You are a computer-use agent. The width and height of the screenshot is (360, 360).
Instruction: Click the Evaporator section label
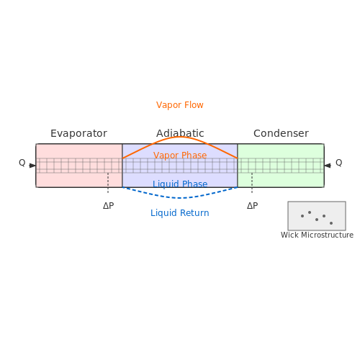(78, 133)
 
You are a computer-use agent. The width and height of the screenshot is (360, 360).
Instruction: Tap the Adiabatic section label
(180, 133)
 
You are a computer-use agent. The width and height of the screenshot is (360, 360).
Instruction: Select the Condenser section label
(281, 133)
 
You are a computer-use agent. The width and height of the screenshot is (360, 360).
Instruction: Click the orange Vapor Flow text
(180, 105)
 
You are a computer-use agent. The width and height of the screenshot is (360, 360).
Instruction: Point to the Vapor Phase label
(180, 156)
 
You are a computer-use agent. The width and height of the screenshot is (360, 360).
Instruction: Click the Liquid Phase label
(180, 184)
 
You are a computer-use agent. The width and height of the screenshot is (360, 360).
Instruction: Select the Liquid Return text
(180, 213)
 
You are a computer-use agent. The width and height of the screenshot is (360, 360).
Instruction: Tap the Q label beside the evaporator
(22, 163)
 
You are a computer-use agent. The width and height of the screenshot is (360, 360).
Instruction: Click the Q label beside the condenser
(339, 163)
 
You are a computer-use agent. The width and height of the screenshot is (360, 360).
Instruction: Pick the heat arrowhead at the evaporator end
(32, 166)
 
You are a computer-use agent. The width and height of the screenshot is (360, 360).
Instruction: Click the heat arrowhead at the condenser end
(328, 166)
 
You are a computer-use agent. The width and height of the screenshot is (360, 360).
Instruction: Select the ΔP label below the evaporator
(108, 206)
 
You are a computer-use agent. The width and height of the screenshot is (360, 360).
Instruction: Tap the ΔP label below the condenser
(252, 206)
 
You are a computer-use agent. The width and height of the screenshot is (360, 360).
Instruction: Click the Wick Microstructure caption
(317, 235)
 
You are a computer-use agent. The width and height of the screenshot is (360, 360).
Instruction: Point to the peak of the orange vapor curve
(180, 137)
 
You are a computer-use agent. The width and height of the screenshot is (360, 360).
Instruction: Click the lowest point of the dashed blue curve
(180, 198)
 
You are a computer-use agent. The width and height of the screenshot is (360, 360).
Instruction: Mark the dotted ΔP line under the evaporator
(108, 183)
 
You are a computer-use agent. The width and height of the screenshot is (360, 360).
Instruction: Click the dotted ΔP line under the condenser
(252, 183)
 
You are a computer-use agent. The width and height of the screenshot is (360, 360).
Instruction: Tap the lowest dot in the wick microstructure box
(331, 223)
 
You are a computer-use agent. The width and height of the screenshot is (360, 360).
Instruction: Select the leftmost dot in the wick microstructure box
(302, 216)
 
